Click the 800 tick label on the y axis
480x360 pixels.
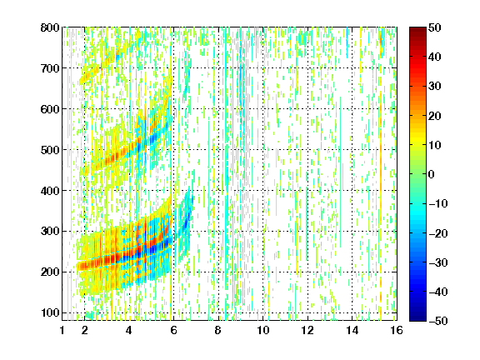[x=50, y=27]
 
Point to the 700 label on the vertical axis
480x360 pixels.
[x=50, y=68]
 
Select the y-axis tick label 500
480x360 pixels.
[x=50, y=150]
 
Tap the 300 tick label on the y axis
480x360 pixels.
[x=50, y=232]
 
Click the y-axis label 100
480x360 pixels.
[x=50, y=312]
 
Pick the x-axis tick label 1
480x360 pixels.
[x=62, y=330]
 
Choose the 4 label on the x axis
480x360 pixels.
[x=129, y=330]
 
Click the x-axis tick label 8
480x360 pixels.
[x=218, y=330]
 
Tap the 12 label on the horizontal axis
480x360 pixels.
[x=307, y=330]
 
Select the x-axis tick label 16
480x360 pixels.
[x=397, y=330]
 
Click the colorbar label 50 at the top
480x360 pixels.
[x=435, y=27]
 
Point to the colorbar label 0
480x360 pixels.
[x=432, y=174]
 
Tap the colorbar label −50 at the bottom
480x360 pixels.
[x=438, y=321]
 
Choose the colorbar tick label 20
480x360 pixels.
[x=435, y=116]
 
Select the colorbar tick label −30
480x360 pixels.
[x=438, y=262]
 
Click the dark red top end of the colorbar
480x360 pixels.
[x=417, y=29]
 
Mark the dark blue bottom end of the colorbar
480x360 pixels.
[x=417, y=319]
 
